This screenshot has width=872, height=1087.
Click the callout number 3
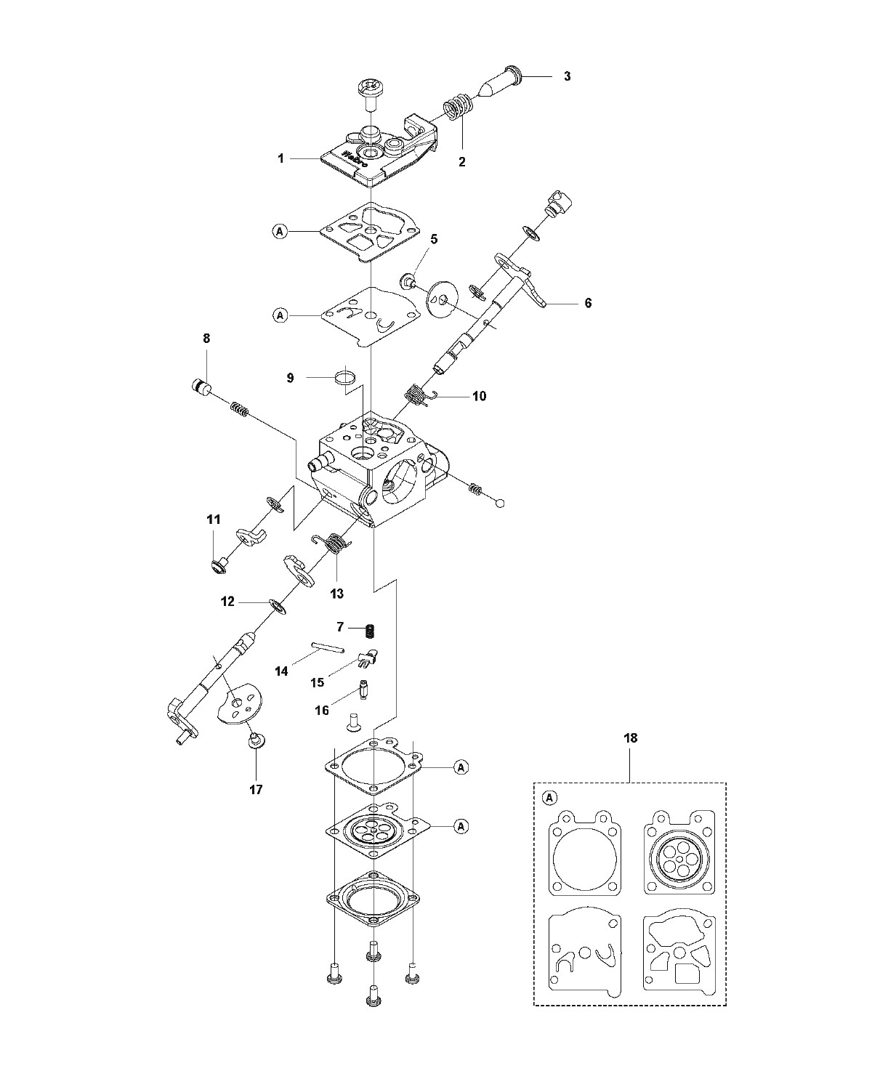[x=567, y=76]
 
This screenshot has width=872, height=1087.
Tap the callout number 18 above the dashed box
[x=630, y=738]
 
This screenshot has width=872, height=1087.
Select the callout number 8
[x=206, y=339]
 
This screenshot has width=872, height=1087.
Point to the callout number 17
[x=256, y=790]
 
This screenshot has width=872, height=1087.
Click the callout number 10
[x=479, y=396]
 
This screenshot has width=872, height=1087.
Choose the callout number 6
[x=588, y=303]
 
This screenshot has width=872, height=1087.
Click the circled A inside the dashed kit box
[x=549, y=799]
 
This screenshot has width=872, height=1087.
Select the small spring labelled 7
[x=371, y=631]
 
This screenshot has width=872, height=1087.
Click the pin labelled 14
[x=328, y=647]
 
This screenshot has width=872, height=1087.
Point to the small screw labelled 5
[x=407, y=281]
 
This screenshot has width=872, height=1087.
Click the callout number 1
[x=281, y=158]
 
